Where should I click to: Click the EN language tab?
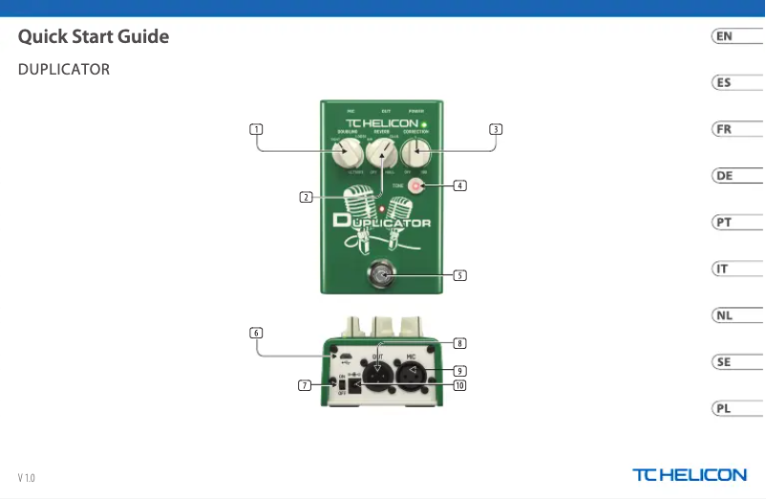(x=725, y=36)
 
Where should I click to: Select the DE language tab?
(x=725, y=176)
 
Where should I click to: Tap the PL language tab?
(x=725, y=408)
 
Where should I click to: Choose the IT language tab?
(x=725, y=269)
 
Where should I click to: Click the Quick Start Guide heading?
(x=94, y=37)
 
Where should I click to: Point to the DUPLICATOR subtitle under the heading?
(x=63, y=70)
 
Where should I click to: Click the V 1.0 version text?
(x=26, y=477)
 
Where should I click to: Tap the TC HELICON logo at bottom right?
(x=689, y=474)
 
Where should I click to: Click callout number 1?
(x=256, y=128)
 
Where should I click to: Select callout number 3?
(x=495, y=128)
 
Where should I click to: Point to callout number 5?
(x=459, y=275)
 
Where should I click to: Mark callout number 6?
(x=256, y=333)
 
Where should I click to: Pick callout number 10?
(x=459, y=386)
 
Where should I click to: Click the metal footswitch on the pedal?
(x=383, y=276)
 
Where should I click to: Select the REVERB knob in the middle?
(x=381, y=150)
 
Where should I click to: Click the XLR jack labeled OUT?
(x=378, y=375)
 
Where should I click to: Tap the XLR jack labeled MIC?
(x=412, y=375)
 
